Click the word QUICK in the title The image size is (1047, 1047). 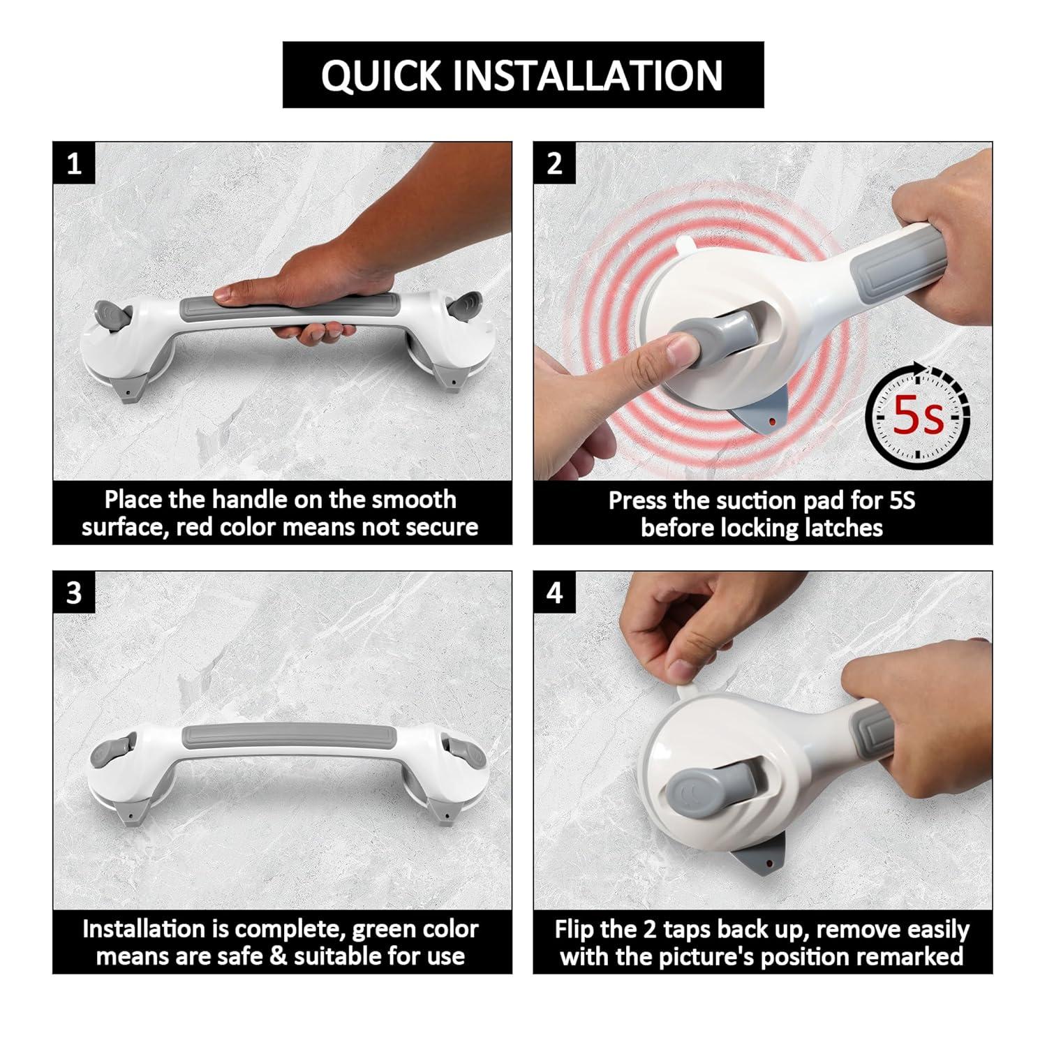[x=381, y=75]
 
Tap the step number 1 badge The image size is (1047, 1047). [x=74, y=163]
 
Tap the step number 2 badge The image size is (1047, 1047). [x=554, y=163]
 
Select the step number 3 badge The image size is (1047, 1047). [x=74, y=593]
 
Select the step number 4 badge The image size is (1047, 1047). [x=554, y=593]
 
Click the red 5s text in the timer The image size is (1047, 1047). [x=918, y=417]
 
